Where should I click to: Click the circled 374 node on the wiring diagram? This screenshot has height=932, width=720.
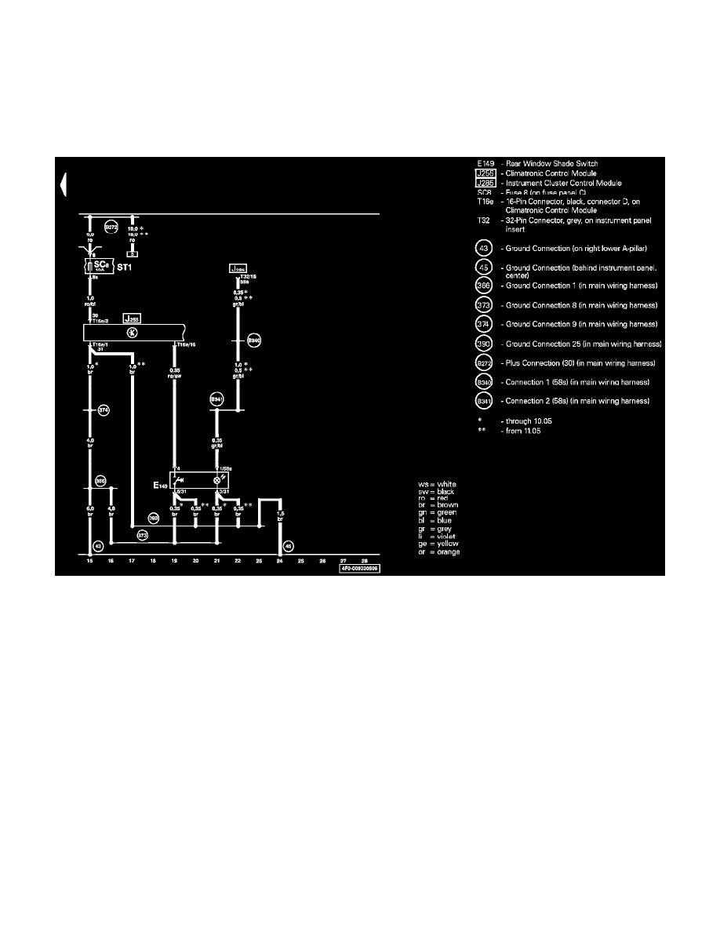click(103, 410)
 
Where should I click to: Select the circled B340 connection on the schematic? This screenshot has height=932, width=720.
click(253, 340)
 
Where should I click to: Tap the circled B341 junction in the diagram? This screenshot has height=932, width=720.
click(216, 399)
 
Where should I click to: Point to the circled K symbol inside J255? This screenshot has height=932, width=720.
click(133, 333)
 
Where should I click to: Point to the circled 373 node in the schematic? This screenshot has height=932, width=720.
click(142, 535)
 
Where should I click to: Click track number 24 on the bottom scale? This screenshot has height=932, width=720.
click(280, 561)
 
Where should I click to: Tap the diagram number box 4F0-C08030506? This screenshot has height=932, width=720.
click(359, 569)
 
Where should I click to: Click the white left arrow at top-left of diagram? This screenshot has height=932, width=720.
click(62, 184)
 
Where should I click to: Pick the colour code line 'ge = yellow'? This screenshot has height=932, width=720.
click(438, 544)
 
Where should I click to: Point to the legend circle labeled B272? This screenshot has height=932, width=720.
click(484, 363)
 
